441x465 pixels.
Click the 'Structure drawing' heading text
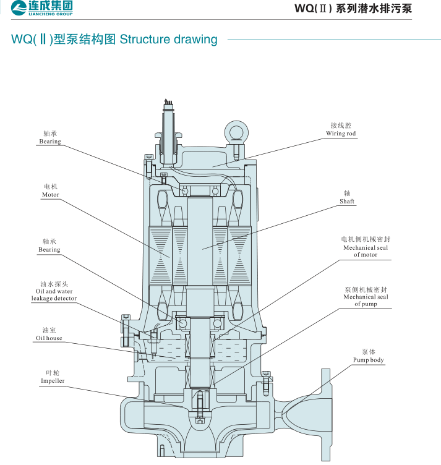168,40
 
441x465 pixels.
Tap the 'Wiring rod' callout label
341,134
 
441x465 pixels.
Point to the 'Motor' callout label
50,195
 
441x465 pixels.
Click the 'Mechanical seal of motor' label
366,251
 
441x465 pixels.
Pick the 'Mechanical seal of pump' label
366,301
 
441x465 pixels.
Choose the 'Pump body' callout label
369,360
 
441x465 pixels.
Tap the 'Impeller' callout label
53,381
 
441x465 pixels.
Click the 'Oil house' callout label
49,338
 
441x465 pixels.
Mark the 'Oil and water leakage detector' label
54,294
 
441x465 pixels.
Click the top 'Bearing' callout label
50,142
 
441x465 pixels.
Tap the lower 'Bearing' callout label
50,250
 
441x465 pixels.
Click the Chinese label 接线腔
341,125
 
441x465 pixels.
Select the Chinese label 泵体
369,351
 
